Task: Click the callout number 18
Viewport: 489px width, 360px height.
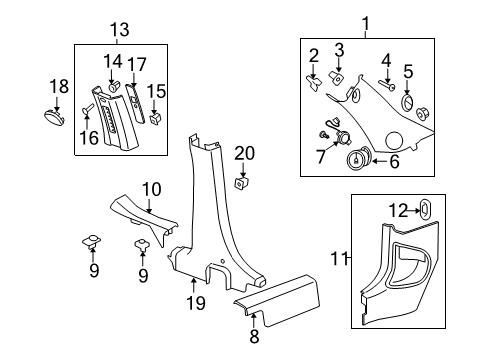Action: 59,87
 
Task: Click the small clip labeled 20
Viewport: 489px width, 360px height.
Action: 242,183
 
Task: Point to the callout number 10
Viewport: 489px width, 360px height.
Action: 150,190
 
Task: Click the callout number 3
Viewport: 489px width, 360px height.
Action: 339,51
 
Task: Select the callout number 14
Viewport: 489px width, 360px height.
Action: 113,61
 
